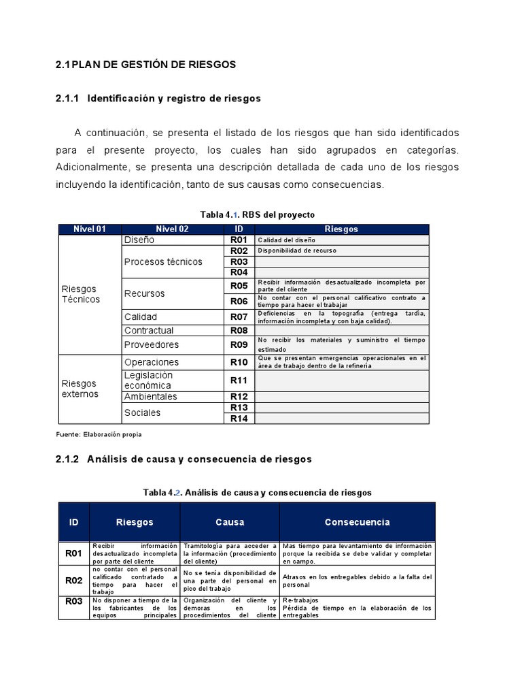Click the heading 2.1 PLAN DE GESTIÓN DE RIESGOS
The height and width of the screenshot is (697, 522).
[x=145, y=65]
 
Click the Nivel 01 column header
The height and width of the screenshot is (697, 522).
[x=90, y=229]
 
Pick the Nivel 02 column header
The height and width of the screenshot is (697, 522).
[x=172, y=229]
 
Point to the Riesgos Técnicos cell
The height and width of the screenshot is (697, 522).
[x=80, y=294]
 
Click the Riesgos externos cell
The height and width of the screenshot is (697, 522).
[x=80, y=389]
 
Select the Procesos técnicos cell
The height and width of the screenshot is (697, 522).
[x=163, y=261]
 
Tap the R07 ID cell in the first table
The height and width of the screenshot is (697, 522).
[x=239, y=317]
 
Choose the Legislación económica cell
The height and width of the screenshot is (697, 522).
[x=149, y=380]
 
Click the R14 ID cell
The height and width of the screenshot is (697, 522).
[x=239, y=419]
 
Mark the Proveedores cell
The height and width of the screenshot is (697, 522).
[x=152, y=344]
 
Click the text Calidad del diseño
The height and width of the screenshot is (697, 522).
[x=286, y=240]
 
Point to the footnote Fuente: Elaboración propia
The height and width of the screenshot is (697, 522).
[x=99, y=434]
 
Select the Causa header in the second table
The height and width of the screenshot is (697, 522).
[x=230, y=522]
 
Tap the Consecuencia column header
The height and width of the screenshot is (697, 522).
[x=357, y=522]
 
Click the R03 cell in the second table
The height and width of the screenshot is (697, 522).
[x=73, y=601]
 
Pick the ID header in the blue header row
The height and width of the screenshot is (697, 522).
[x=73, y=522]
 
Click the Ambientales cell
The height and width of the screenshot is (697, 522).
[x=150, y=397]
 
